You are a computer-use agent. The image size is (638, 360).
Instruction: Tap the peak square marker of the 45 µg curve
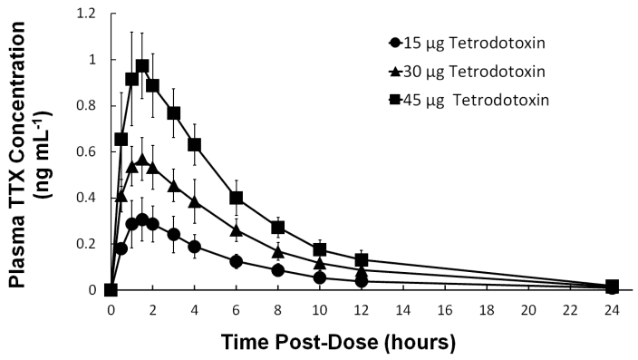click(142, 66)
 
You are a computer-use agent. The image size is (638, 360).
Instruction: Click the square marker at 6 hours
click(236, 198)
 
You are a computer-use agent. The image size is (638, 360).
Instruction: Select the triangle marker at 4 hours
click(194, 201)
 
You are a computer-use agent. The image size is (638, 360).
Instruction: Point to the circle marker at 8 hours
click(277, 270)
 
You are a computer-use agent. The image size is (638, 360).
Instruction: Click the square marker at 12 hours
click(362, 260)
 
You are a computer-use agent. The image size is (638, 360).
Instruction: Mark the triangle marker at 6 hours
click(236, 230)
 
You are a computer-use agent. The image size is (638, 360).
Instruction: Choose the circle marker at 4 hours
click(194, 246)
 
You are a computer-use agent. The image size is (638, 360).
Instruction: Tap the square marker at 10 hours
click(320, 249)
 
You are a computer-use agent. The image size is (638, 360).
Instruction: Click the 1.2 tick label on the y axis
click(89, 14)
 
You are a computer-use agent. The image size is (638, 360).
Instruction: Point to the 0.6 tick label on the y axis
click(89, 151)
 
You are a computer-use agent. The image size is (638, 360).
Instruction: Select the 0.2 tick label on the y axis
click(89, 244)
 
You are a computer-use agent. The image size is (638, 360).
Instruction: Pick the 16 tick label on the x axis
click(445, 308)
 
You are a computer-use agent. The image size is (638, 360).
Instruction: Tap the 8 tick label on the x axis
click(277, 308)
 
